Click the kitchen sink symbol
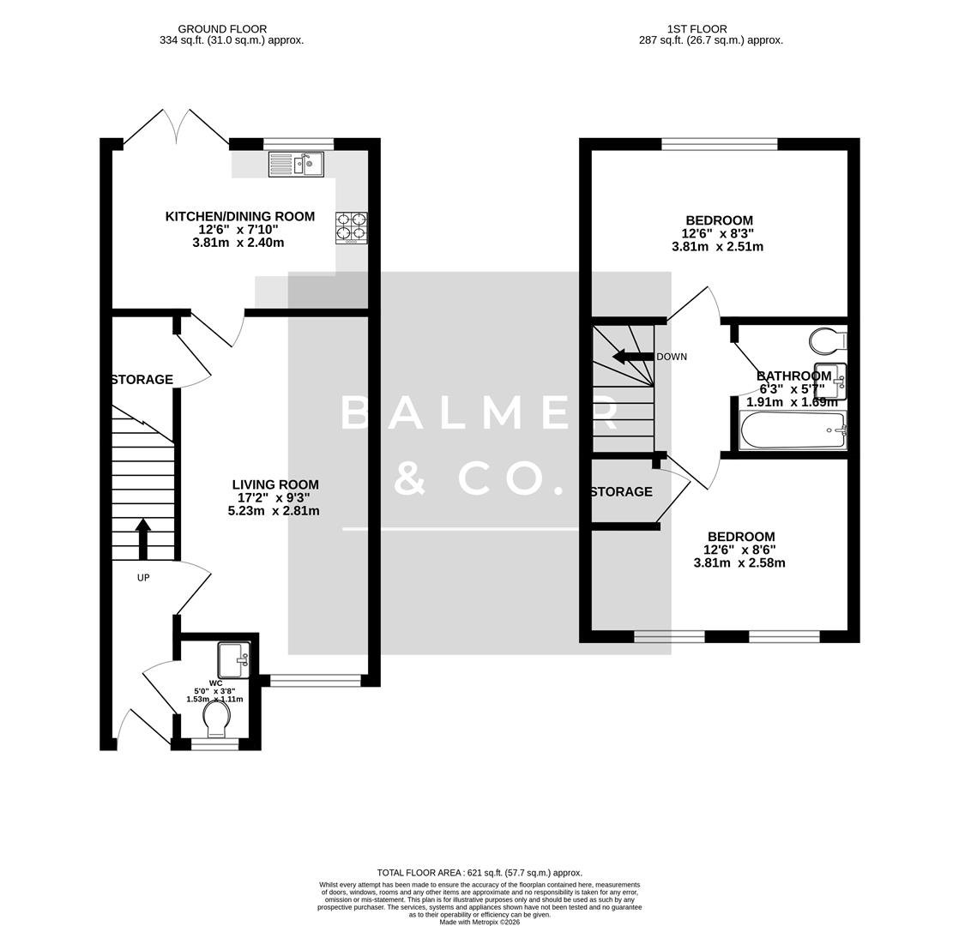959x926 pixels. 296,164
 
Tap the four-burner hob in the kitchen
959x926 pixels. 351,228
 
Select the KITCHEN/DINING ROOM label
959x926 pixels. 239,217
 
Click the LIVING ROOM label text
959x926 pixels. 274,484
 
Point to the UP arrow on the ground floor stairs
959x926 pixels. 143,538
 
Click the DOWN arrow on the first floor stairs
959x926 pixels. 631,357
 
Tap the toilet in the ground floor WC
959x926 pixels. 216,719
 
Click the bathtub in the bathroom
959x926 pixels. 793,430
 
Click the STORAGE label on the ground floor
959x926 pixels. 142,380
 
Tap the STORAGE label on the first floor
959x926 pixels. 621,492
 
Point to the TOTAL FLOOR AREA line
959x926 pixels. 479,873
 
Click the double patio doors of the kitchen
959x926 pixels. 176,129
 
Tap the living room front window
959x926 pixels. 316,681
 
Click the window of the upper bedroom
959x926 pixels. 719,144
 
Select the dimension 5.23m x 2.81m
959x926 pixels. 274,511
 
